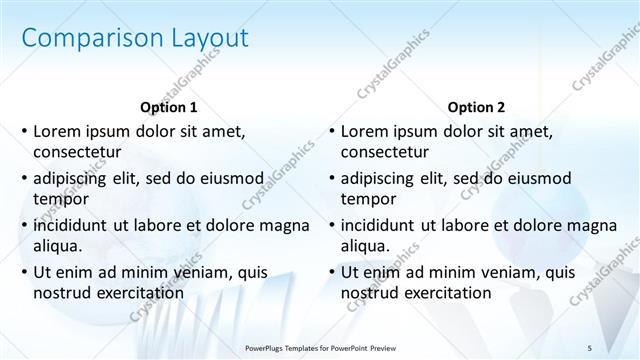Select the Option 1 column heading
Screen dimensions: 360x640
169,106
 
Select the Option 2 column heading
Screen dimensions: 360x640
476,106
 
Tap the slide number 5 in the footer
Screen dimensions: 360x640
589,346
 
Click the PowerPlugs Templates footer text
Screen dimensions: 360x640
320,346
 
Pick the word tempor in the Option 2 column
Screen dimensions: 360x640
368,199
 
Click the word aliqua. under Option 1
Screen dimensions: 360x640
59,246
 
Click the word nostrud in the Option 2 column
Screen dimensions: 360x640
371,293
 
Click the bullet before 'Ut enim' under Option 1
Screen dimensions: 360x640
24,272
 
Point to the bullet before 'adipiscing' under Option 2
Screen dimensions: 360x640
331,179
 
